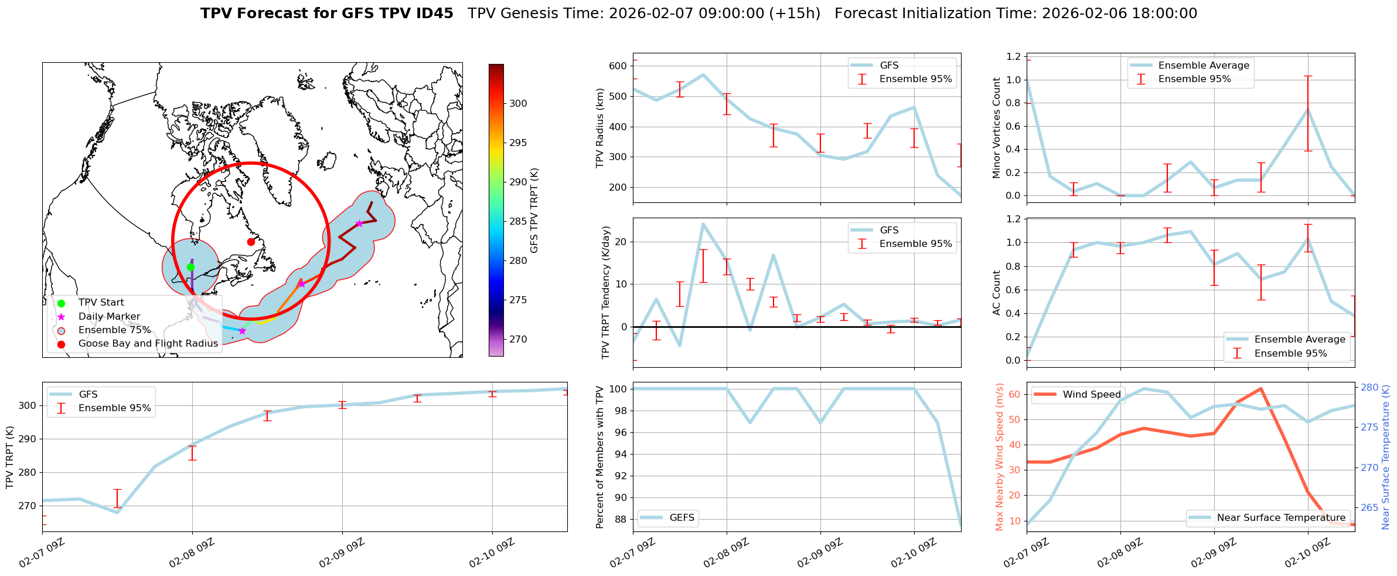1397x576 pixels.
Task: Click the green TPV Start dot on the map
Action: coord(190,267)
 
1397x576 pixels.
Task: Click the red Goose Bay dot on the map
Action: coord(251,242)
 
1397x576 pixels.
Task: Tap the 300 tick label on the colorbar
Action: coord(518,104)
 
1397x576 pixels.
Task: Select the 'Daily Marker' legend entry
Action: coord(109,317)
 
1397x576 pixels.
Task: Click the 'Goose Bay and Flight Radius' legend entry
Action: coord(148,344)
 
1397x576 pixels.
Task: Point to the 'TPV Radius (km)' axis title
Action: coord(599,128)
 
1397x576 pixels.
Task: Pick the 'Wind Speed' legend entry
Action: coord(1091,395)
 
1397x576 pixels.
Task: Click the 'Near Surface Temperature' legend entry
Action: coord(1281,518)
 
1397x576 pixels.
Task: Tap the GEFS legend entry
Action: coord(682,518)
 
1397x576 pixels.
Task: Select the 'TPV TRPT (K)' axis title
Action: coord(9,458)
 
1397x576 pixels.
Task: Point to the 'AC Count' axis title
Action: coord(996,293)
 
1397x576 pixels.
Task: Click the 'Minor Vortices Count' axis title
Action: coord(996,128)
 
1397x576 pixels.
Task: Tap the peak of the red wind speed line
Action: coord(1260,388)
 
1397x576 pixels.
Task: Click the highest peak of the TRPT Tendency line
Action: coord(703,224)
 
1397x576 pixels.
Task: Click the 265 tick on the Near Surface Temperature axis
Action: coord(1369,508)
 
